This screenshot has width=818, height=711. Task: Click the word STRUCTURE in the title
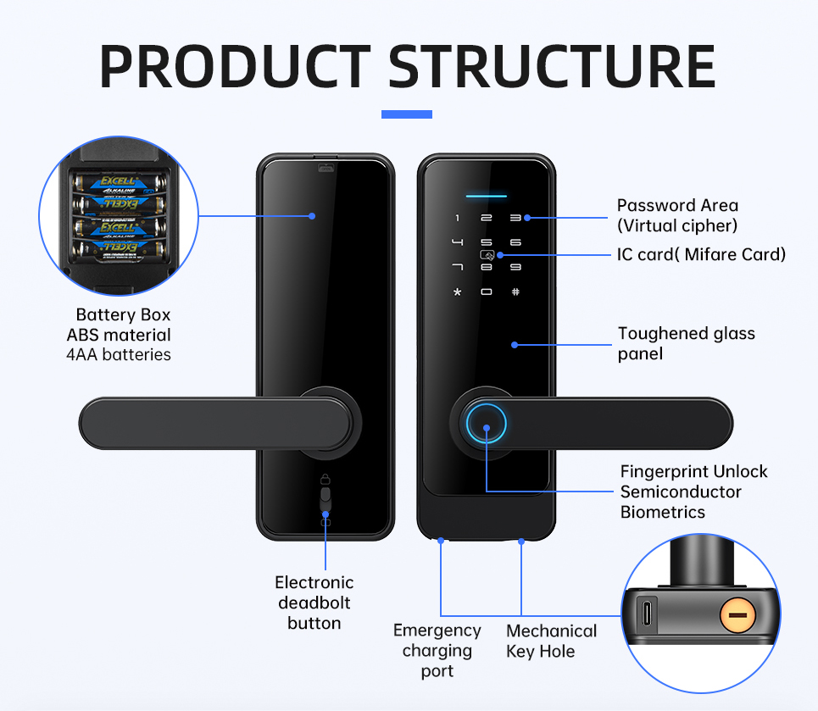coord(552,65)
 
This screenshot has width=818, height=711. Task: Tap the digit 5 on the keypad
coord(487,242)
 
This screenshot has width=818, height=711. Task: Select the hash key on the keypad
coord(515,292)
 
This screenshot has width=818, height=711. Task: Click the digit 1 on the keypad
coord(458,219)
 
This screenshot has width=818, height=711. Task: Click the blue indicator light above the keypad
coord(486,196)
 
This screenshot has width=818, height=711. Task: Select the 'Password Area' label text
coord(677,205)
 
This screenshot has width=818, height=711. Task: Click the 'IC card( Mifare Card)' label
coord(701,254)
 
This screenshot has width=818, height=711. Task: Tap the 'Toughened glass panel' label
coord(686,343)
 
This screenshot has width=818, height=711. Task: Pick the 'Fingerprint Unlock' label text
coord(693,471)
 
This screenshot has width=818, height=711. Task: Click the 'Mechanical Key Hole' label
coord(551,641)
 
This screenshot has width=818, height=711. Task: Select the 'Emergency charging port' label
coord(437,651)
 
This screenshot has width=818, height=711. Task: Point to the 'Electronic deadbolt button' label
coord(314,603)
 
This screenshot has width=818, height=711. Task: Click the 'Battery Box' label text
coord(123,314)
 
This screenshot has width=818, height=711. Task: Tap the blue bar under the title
coord(407,114)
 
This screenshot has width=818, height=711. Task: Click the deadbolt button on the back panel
coord(326,500)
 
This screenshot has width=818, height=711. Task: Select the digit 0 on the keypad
coord(487,292)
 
